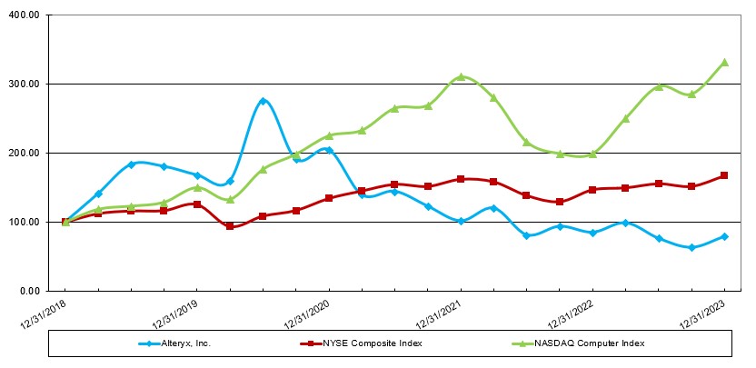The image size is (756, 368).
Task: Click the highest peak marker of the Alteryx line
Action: click(x=263, y=101)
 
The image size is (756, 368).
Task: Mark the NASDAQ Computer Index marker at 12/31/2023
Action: click(x=724, y=63)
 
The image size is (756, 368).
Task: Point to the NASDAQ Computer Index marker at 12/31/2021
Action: click(x=461, y=76)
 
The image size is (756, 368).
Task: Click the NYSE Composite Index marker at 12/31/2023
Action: click(x=724, y=175)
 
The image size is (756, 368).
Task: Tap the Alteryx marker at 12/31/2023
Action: click(x=724, y=236)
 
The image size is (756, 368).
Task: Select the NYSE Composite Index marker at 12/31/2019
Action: click(x=197, y=204)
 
